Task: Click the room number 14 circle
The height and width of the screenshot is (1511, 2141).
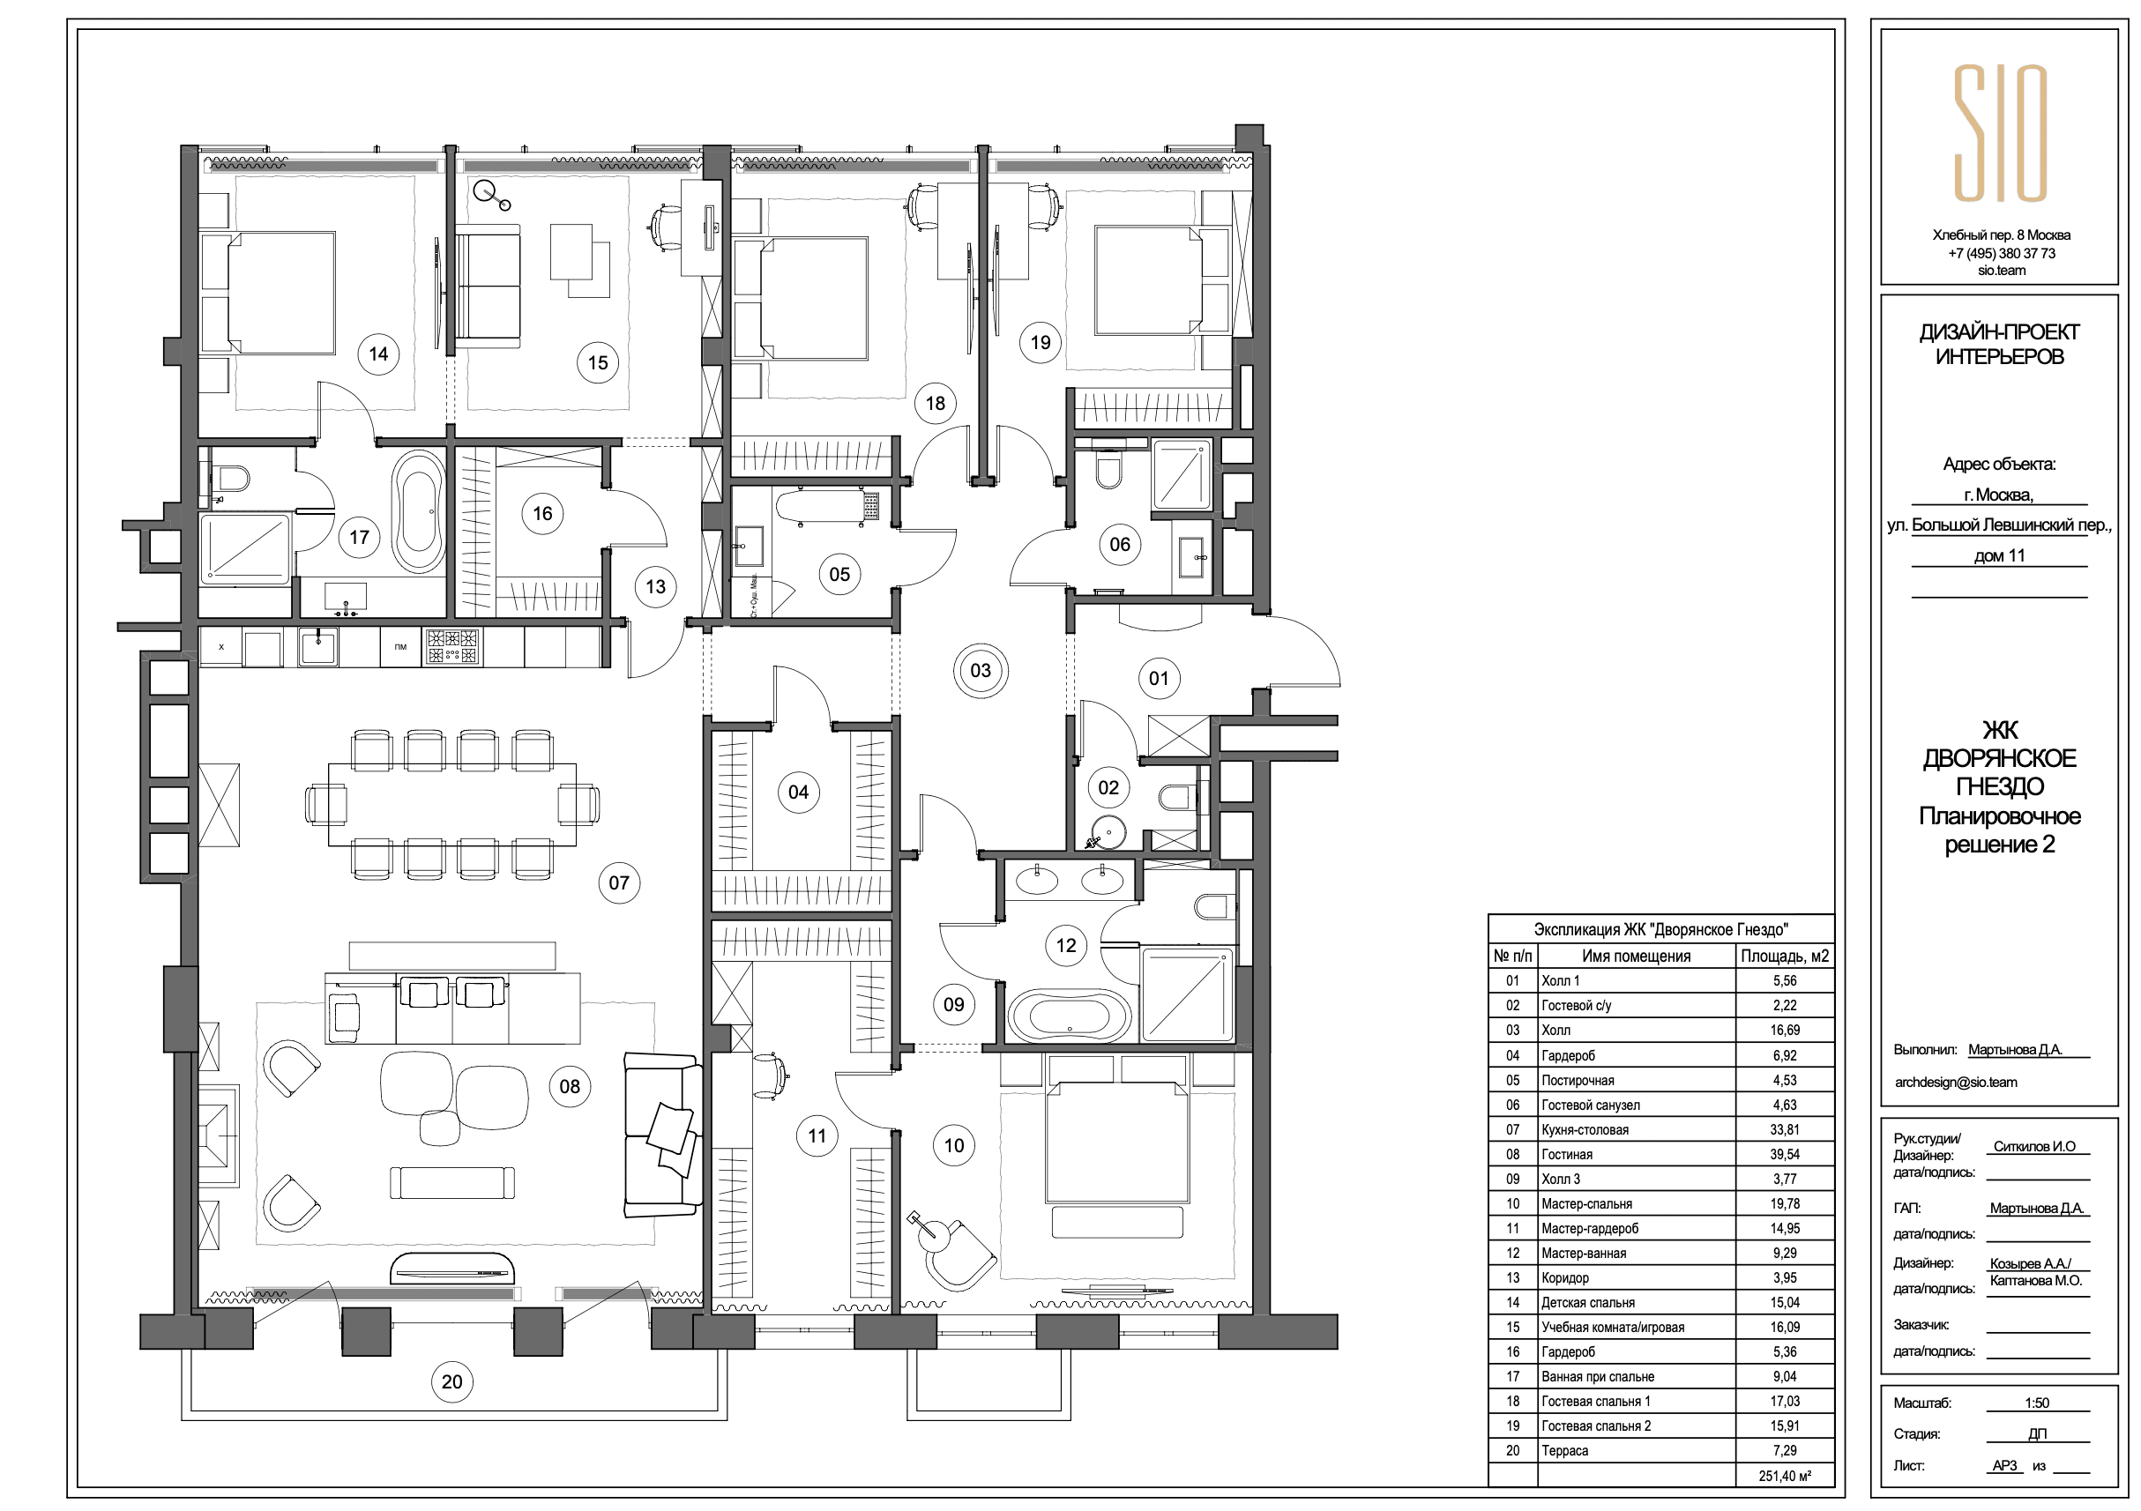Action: [x=377, y=354]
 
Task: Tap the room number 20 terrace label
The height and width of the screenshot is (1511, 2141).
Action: [x=452, y=1381]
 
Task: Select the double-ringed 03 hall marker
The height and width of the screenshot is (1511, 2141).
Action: [x=980, y=670]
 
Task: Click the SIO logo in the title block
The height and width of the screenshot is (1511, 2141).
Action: [x=2000, y=132]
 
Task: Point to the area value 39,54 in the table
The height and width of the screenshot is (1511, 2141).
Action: [x=1785, y=1154]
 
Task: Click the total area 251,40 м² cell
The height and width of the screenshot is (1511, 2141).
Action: [x=1785, y=1476]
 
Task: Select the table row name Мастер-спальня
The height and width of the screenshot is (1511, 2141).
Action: [x=1586, y=1203]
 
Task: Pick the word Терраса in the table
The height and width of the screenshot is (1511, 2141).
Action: [x=1564, y=1450]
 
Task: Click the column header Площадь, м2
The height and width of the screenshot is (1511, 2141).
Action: [x=1785, y=956]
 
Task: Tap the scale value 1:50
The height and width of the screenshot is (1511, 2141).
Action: [x=2037, y=1403]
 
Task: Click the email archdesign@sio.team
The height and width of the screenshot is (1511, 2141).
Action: [x=1956, y=1083]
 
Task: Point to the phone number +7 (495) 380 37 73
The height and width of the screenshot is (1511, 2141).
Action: [x=2001, y=253]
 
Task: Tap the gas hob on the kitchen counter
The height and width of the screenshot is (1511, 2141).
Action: [x=453, y=646]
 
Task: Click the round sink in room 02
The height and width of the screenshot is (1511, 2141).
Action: [x=1107, y=829]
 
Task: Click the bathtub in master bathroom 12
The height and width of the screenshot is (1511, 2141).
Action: [x=1070, y=1014]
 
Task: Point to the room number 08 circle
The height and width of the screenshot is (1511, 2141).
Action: [x=570, y=1086]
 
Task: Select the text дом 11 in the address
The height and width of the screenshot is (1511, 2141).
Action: [x=1999, y=555]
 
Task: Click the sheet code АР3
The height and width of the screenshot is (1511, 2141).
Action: [x=2005, y=1465]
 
